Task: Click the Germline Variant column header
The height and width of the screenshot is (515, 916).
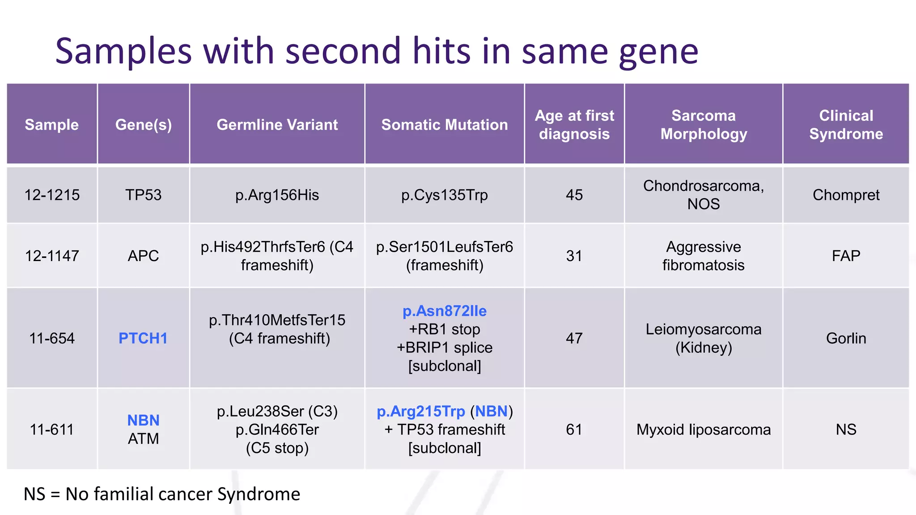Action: pos(277,125)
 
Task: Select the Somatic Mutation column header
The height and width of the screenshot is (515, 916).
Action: pos(444,125)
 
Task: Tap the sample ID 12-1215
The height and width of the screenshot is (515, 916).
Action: pos(52,195)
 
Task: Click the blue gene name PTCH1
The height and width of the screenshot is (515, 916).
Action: pos(143,338)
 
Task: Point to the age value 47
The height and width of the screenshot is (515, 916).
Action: pos(574,338)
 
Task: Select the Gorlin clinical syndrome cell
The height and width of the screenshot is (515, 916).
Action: pos(846,338)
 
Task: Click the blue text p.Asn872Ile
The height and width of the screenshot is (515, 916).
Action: pos(444,311)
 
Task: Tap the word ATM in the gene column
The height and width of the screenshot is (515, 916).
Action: pos(143,439)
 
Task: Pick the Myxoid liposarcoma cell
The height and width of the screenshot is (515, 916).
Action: pos(703,430)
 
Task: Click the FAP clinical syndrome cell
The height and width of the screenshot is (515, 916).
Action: pos(846,256)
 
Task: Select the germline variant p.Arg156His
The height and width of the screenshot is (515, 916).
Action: pos(277,195)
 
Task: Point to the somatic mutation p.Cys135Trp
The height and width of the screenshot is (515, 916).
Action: pos(444,195)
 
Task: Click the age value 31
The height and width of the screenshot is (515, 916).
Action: pos(574,256)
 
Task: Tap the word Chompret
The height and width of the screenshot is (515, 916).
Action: pos(846,195)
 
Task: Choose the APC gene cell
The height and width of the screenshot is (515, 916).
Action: pos(143,256)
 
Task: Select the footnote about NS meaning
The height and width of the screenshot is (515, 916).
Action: pos(162,494)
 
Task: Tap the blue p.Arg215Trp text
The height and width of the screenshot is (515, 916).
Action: pos(420,411)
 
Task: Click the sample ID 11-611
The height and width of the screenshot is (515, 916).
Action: pos(52,430)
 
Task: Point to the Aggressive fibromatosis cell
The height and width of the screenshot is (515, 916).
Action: pos(703,256)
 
